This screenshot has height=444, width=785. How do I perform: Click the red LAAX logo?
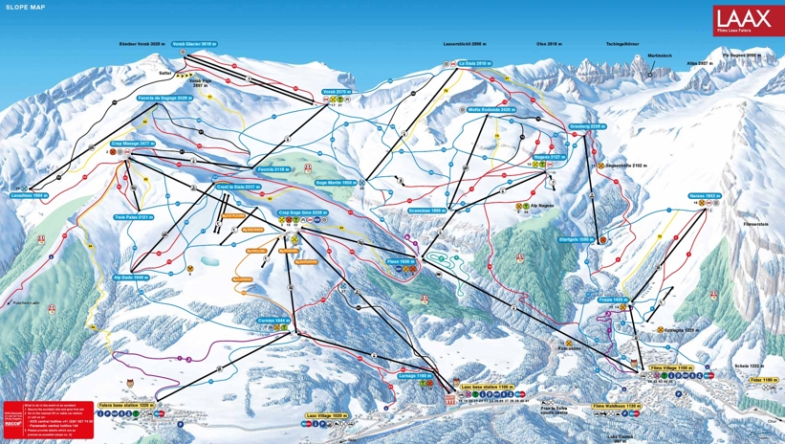[x=748, y=20]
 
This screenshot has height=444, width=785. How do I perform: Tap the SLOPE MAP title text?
[x=26, y=7]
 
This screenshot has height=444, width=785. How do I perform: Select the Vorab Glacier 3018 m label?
[x=195, y=43]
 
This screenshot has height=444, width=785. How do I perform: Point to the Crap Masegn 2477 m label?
[x=132, y=143]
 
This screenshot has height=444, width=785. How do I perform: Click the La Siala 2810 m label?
[x=473, y=63]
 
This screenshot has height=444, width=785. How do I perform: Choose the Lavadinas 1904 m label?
[x=29, y=194]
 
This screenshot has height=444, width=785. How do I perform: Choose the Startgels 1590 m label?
[x=571, y=239]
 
